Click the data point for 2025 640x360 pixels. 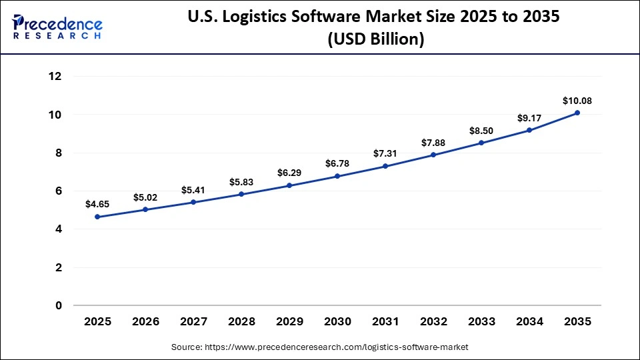click(x=97, y=217)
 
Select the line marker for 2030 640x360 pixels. click(x=337, y=176)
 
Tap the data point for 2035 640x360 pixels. click(x=577, y=113)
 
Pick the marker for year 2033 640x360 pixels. click(x=481, y=143)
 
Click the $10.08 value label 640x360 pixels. click(x=577, y=101)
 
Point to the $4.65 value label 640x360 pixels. click(x=97, y=204)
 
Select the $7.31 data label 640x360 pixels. click(x=385, y=153)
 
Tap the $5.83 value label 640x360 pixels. click(x=241, y=181)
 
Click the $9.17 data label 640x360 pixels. click(x=529, y=118)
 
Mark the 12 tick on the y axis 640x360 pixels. click(x=55, y=77)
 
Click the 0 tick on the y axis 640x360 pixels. click(x=59, y=306)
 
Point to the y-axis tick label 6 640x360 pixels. click(x=59, y=191)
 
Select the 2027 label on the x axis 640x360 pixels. click(x=193, y=322)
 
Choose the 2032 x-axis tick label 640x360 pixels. click(x=433, y=322)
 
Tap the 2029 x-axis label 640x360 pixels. click(x=289, y=322)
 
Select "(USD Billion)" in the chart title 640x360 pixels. click(x=375, y=40)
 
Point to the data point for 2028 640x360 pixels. click(x=241, y=194)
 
